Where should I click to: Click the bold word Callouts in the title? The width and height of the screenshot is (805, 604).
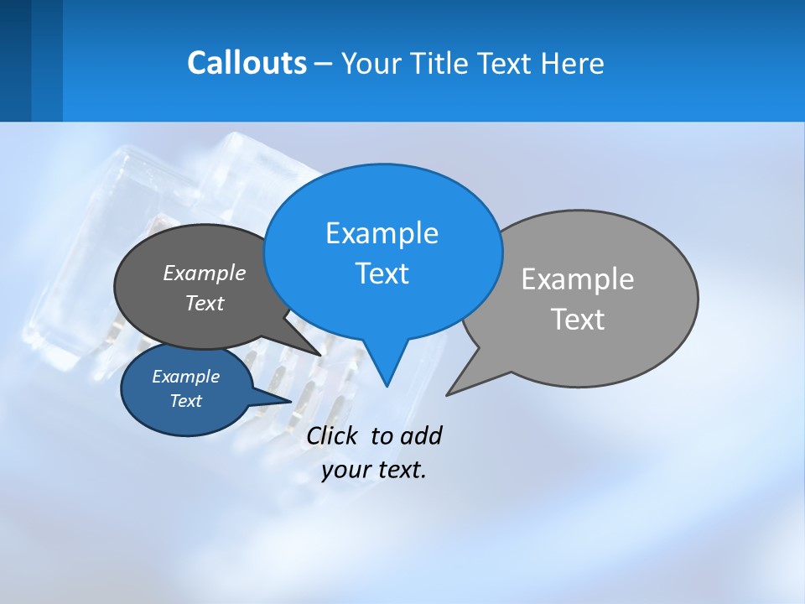point(247,63)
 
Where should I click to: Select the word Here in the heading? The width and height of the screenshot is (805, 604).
point(573,63)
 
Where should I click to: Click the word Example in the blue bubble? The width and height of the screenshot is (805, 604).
point(382,233)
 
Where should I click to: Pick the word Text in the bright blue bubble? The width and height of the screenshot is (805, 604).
point(382,273)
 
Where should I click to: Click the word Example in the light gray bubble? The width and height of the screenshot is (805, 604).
point(578,279)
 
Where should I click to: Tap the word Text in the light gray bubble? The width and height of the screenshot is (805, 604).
point(578,320)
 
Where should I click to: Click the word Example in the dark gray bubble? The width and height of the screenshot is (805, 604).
point(205,273)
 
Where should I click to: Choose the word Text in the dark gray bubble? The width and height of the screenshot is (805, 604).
point(205,303)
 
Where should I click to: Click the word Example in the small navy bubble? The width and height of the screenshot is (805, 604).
point(185,377)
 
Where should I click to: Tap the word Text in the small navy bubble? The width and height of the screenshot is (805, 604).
point(185,401)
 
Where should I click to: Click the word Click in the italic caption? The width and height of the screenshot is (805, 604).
point(335,435)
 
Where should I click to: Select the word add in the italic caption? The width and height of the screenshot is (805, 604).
point(421,435)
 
